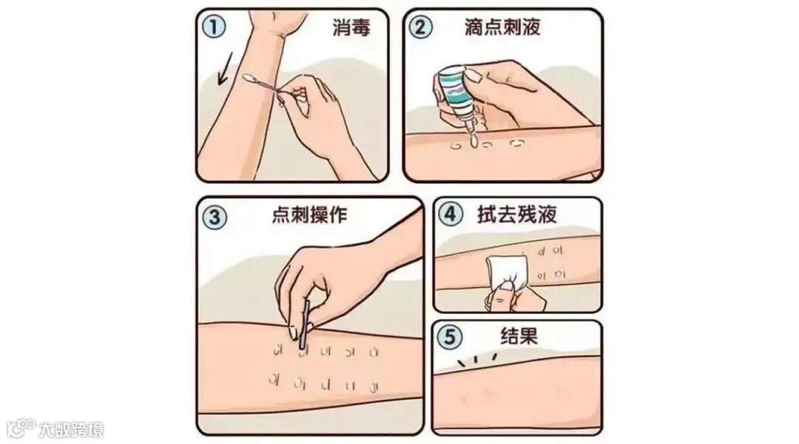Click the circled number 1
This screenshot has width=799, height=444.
pos(214,27)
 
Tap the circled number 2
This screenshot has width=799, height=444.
pos(420,27)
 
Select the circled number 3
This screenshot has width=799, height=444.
pos(215,217)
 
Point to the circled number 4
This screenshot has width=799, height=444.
pos(451,214)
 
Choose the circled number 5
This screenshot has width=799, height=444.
pos(450,337)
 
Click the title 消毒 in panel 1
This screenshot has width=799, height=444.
pos(351,27)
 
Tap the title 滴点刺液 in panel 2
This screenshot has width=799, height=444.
pos(502,27)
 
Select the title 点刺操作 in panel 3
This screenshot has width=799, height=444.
pos(309,215)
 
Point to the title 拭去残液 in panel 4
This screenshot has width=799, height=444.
pos(516,214)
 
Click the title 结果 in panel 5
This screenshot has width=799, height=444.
pos(519,336)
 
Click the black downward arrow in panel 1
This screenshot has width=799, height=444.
pos(225,68)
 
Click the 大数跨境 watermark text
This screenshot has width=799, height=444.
pos(71,430)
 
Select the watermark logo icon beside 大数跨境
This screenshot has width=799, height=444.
pos(21,428)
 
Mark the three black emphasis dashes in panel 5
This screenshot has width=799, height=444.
pos(477,359)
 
